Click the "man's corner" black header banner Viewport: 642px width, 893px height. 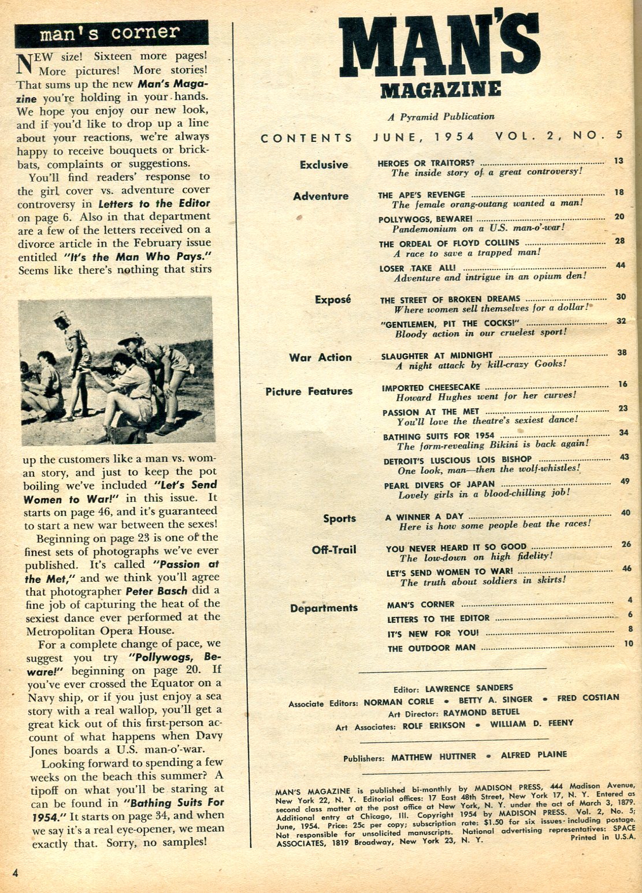110,33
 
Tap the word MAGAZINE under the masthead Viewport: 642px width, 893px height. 440,89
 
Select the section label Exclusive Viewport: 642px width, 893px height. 324,165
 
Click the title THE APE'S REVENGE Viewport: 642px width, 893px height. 421,195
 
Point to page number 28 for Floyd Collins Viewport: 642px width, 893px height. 619,241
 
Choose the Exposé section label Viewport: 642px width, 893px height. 333,300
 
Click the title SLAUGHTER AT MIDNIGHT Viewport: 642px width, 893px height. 437,356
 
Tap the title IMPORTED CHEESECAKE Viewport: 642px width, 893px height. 431,387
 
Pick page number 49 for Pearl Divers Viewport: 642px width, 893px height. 625,481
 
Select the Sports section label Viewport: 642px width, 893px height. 339,518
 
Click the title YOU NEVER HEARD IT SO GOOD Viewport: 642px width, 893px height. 456,548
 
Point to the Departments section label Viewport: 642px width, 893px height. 324,608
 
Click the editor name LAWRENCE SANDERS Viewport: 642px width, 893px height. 469,688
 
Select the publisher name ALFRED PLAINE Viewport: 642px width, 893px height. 533,755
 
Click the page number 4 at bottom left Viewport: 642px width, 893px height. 15,873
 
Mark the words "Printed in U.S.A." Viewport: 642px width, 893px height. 603,838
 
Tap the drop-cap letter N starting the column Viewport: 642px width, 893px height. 24,63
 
